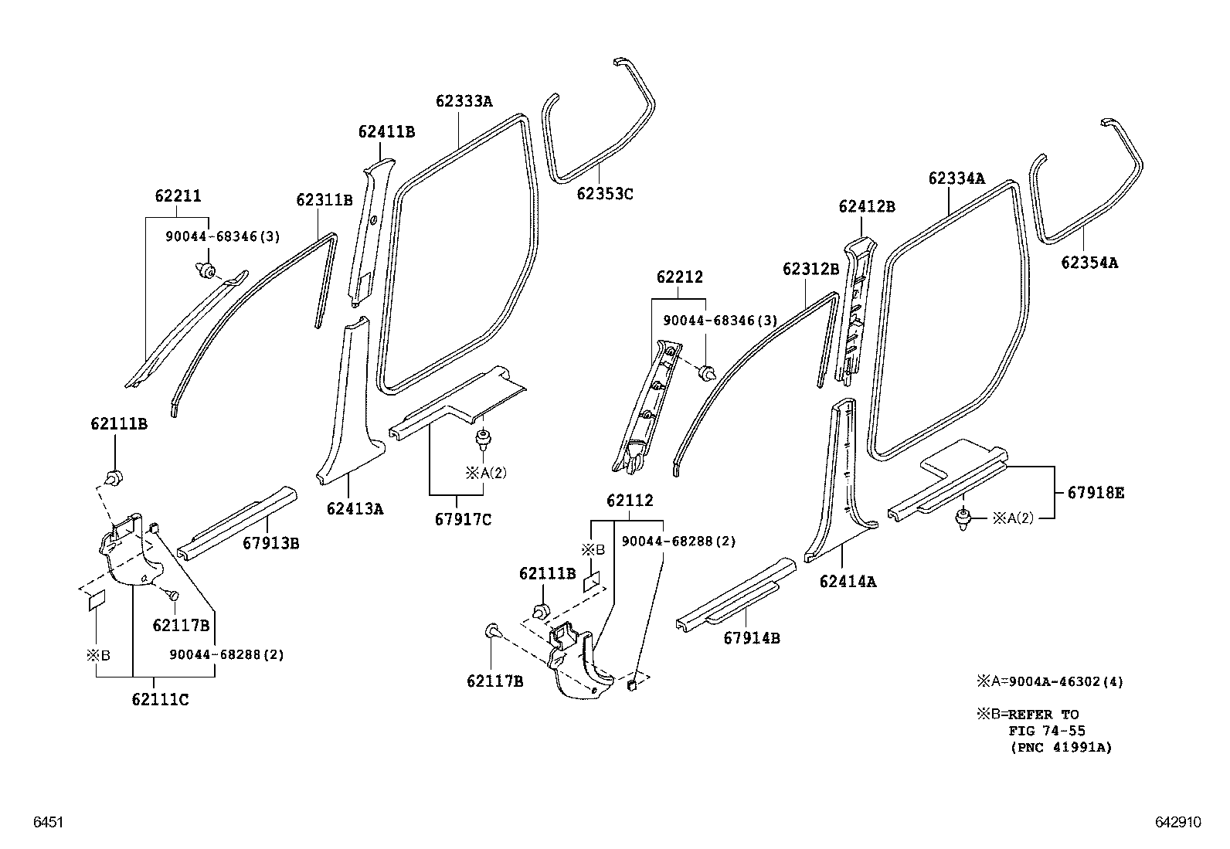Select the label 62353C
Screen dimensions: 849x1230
tap(604, 193)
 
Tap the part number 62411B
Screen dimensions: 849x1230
tap(386, 132)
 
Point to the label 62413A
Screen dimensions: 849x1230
tap(355, 508)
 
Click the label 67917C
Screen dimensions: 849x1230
tap(464, 519)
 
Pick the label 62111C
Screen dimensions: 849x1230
tap(160, 700)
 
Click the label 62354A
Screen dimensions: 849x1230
tap(1089, 263)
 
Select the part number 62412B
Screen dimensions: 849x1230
tap(867, 206)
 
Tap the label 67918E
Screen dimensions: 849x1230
tap(1096, 492)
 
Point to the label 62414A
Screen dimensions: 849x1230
tap(848, 582)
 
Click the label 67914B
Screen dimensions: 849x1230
tap(751, 638)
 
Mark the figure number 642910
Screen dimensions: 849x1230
tap(1178, 823)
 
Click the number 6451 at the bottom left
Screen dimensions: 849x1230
tap(46, 823)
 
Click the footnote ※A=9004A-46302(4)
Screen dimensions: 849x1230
tap(1050, 681)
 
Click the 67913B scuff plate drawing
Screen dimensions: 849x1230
tap(236, 523)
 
